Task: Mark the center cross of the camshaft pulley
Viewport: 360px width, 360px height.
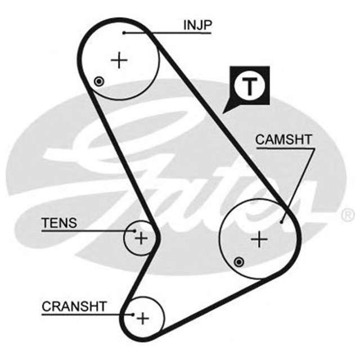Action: pos(259,240)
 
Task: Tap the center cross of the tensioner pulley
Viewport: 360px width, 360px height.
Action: pos(141,238)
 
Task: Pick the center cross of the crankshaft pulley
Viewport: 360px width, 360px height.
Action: pos(143,318)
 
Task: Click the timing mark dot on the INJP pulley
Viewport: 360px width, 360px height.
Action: pos(99,81)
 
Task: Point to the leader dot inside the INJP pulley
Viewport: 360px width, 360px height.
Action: pos(124,33)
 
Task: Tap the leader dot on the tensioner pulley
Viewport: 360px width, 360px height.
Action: pos(134,230)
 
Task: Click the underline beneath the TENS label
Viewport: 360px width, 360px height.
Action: pos(84,231)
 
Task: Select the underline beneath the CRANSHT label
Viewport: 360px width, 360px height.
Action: pos(84,314)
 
